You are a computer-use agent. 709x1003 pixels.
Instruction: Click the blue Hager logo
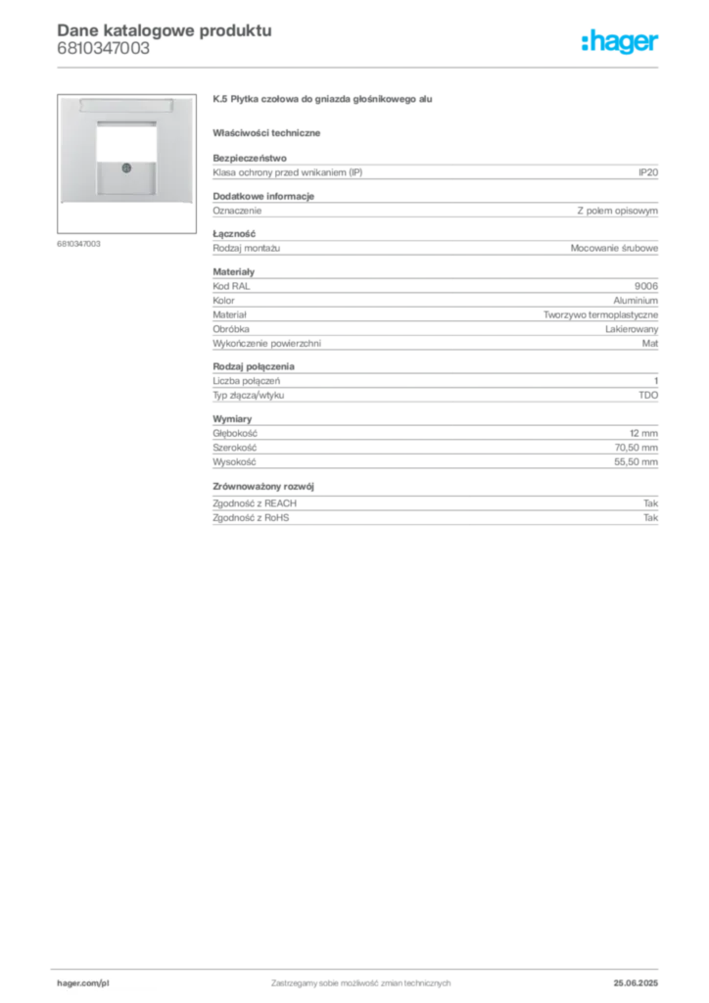pos(622,42)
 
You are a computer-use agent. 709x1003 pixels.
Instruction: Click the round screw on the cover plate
pos(124,169)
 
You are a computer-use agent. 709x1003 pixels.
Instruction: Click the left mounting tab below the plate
pos(65,208)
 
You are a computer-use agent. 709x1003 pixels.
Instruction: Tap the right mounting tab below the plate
pos(184,208)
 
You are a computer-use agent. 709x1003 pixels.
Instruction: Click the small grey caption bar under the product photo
pos(78,243)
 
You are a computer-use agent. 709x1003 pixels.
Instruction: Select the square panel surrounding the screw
pos(124,177)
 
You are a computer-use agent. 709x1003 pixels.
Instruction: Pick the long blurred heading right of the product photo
pos(324,101)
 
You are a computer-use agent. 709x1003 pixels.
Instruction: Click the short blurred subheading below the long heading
pos(269,132)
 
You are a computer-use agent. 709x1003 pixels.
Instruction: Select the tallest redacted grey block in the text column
pos(434,311)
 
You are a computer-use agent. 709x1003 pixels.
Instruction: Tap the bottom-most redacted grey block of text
pos(434,512)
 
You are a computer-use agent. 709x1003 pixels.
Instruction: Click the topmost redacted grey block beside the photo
pos(434,171)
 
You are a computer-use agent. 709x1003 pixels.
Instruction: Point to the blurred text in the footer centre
pos(359,979)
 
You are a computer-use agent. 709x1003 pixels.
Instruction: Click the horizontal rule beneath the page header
pos(360,67)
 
